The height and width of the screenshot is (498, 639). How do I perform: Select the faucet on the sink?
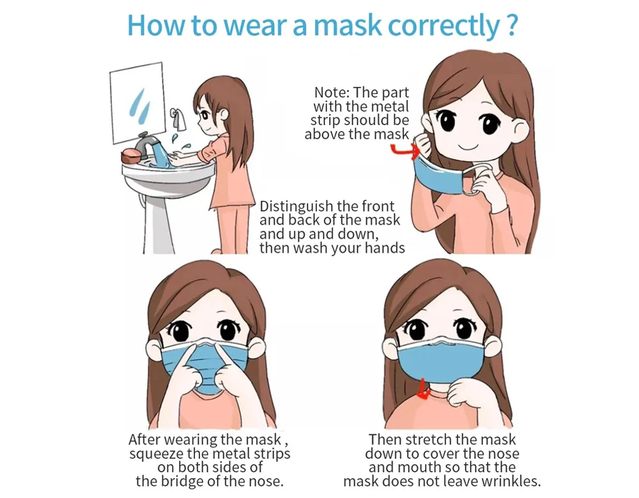146,144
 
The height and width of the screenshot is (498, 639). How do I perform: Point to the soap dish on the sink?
131,157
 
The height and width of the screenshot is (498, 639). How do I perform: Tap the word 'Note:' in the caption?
332,93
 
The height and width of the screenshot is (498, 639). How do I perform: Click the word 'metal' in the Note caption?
390,107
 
